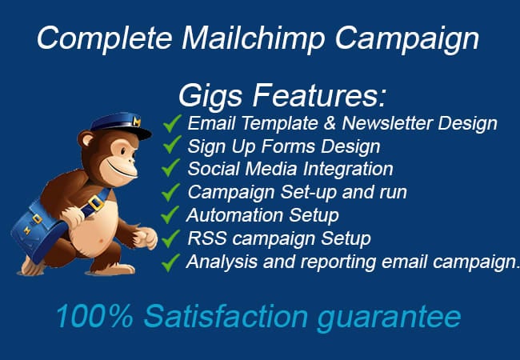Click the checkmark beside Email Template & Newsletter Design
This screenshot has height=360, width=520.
[x=172, y=123]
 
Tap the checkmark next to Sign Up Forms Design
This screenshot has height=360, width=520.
[x=172, y=146]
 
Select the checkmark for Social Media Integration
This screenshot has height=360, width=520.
[x=172, y=169]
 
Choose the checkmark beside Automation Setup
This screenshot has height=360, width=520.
[x=172, y=215]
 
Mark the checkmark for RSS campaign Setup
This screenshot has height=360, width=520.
[x=172, y=238]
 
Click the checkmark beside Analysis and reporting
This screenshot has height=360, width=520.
[x=172, y=262]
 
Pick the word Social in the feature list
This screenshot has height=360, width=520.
[x=210, y=169]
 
